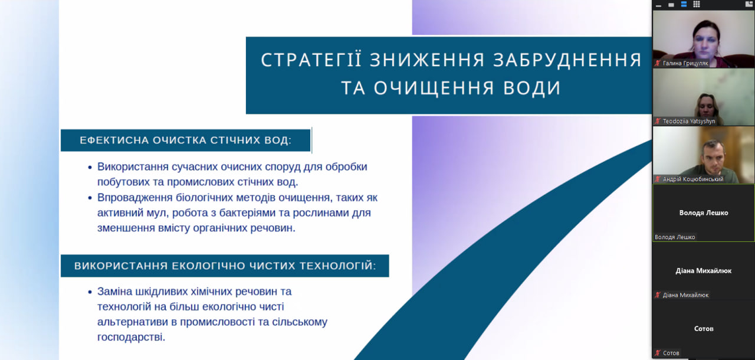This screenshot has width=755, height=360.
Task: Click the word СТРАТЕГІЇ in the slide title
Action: click(x=311, y=60)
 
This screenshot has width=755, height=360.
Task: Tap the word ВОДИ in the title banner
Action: click(x=532, y=88)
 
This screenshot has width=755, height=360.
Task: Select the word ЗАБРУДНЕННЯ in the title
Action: click(x=567, y=60)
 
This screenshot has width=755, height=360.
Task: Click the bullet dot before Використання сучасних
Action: click(x=90, y=167)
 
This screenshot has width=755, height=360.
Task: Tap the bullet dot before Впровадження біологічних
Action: click(x=90, y=198)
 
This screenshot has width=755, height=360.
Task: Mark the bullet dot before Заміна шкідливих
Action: click(x=90, y=292)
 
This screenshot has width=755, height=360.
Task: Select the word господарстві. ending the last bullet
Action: click(x=131, y=337)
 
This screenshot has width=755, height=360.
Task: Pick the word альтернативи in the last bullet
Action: click(x=133, y=322)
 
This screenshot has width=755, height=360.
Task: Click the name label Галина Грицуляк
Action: click(x=685, y=63)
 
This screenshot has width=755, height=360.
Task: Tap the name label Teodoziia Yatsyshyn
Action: click(x=688, y=121)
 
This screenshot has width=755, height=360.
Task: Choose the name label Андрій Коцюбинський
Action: click(x=693, y=179)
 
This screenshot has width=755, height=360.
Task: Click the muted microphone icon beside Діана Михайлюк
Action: click(x=658, y=295)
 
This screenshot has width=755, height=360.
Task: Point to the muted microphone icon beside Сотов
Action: click(x=658, y=353)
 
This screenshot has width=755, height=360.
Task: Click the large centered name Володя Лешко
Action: click(x=704, y=212)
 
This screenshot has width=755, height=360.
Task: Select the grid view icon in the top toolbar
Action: click(x=697, y=4)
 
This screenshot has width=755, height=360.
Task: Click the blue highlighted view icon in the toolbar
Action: click(x=684, y=4)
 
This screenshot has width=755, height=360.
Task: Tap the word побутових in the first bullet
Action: click(x=123, y=182)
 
